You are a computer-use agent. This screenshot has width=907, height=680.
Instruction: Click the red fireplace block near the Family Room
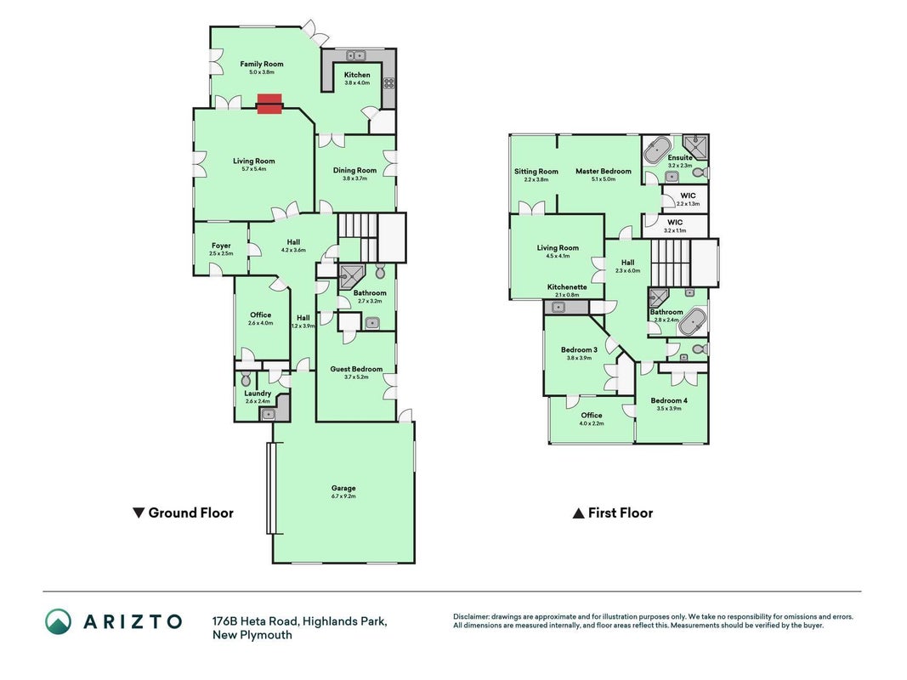click(x=269, y=104)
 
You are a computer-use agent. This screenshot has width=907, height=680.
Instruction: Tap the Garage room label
click(x=343, y=488)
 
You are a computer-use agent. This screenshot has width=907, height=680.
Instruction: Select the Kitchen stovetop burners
click(x=388, y=82)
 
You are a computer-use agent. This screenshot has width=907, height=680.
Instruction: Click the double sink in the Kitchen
click(x=356, y=55)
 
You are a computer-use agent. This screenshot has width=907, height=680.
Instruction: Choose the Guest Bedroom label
click(x=356, y=369)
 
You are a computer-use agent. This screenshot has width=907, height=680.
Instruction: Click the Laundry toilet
click(x=246, y=378)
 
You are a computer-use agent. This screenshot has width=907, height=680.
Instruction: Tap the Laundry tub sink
click(x=269, y=414)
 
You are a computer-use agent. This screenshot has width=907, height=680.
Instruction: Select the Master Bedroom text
click(x=604, y=171)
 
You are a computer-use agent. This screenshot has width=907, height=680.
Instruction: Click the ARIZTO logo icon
click(x=59, y=621)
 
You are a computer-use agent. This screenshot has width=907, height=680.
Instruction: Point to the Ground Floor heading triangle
click(x=139, y=513)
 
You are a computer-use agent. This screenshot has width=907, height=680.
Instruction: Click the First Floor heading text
click(x=620, y=513)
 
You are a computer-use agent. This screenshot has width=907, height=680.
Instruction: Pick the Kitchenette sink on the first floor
click(x=558, y=308)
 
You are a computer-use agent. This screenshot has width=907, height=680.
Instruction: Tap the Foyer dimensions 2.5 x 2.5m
click(x=221, y=253)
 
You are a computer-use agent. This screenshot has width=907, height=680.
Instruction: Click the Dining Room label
click(x=354, y=170)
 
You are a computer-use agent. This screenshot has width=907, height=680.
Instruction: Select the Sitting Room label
click(x=536, y=171)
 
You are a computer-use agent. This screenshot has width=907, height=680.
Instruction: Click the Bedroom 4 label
click(x=669, y=400)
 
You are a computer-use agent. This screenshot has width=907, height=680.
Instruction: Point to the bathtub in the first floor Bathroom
click(x=692, y=322)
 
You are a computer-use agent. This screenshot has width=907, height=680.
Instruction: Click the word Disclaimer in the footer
click(x=472, y=617)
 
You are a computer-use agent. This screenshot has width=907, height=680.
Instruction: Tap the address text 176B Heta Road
click(x=255, y=621)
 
